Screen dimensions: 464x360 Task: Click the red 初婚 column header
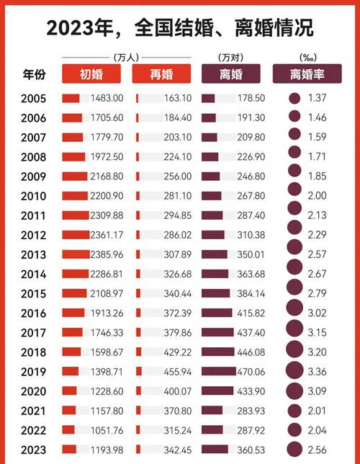(91, 74)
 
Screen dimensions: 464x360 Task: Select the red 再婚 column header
(161, 74)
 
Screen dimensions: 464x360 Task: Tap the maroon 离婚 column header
(232, 74)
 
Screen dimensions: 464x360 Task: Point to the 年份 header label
(35, 74)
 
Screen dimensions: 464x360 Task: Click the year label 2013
(35, 254)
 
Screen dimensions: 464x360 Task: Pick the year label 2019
(35, 370)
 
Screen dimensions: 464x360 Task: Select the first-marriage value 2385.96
(107, 254)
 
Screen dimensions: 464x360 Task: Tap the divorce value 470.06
(248, 370)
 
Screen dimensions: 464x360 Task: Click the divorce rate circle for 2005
(294, 98)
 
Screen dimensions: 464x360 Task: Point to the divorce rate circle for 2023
(294, 449)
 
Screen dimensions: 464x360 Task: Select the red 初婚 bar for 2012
(75, 234)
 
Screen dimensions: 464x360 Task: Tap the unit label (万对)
(231, 57)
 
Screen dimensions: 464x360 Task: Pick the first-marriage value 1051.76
(107, 429)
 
